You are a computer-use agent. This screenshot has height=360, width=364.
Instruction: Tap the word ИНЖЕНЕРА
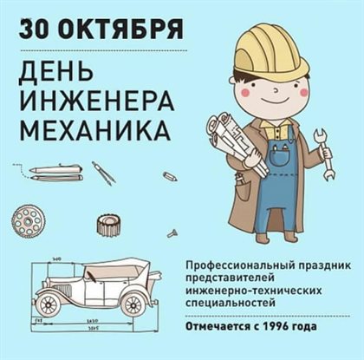pos(97,101)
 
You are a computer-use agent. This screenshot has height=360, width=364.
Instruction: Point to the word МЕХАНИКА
pos(95,130)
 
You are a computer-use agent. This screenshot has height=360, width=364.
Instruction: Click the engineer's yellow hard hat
pos(270,52)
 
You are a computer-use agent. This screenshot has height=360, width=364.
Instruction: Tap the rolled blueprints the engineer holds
pos(236,141)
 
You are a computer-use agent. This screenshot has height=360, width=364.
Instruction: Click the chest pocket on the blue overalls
pos(279,154)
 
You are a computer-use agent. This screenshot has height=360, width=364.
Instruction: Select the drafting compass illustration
pos(103,173)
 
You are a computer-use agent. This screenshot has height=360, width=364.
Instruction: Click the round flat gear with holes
pos(27,221)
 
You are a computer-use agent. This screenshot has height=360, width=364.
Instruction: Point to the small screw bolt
pos(172,232)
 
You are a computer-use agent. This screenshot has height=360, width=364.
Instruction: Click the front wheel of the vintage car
pos(48,305)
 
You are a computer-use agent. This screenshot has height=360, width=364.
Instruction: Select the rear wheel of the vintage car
pos(133,304)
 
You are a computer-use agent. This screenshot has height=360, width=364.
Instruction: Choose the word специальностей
pos(230,303)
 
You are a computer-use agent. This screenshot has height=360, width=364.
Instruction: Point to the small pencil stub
pos(170,176)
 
